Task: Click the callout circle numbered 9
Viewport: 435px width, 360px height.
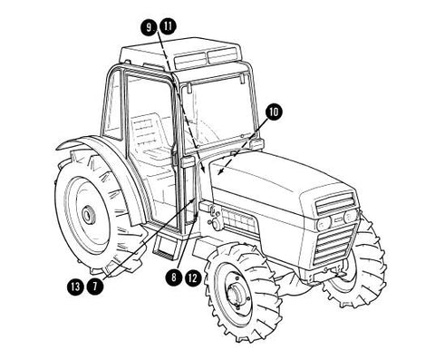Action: (x=150, y=27)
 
